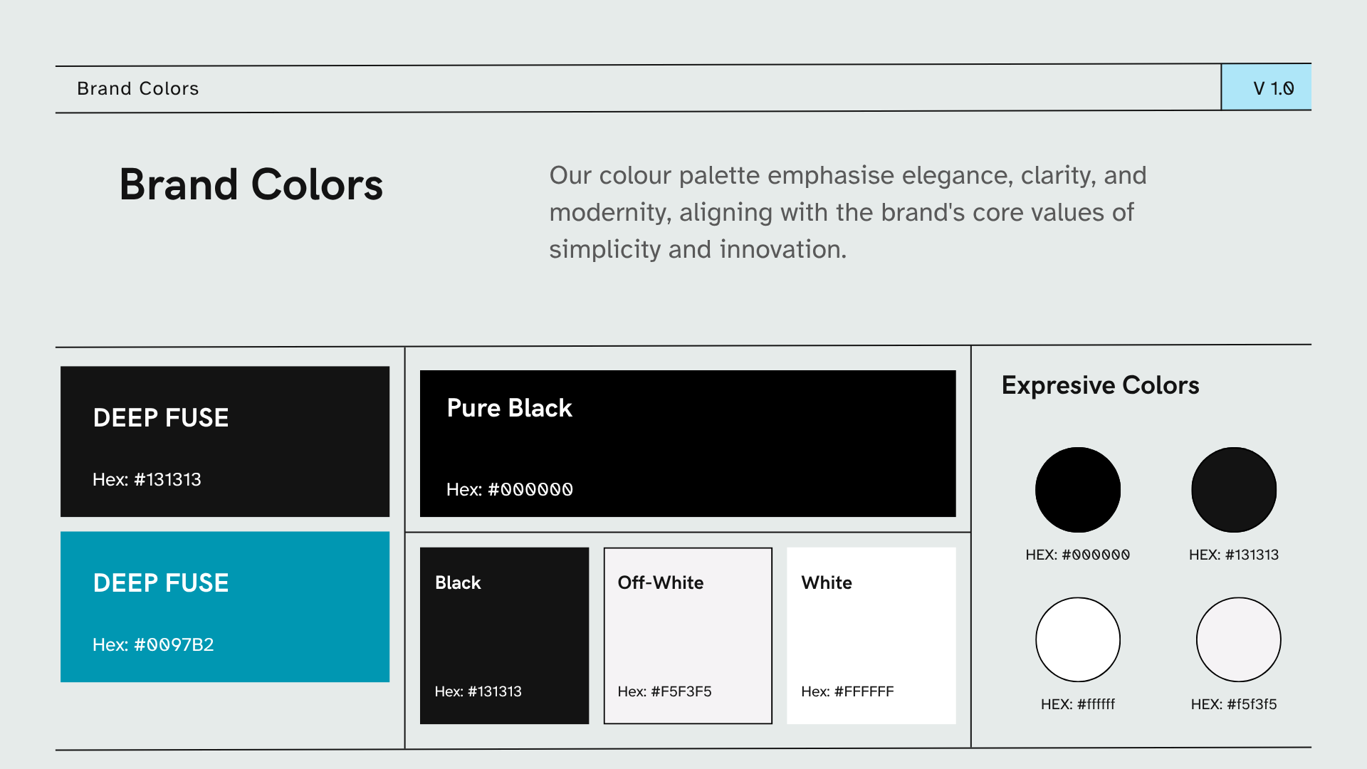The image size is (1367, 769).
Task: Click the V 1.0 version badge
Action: pos(1266,88)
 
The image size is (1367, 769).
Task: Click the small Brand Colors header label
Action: pos(138,88)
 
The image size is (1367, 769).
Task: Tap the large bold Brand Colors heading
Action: pos(251,184)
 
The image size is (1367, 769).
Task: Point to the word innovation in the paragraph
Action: pos(783,249)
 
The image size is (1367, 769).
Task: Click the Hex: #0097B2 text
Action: pos(153,644)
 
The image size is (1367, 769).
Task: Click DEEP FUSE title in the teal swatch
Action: pos(161,582)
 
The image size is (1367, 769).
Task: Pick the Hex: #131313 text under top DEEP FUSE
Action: pos(147,479)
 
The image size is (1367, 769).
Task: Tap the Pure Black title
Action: pos(509,408)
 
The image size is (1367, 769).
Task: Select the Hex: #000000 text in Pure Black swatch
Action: pos(510,489)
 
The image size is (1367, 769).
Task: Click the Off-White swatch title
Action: pos(661,582)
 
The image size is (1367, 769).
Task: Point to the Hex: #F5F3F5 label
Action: pos(664,691)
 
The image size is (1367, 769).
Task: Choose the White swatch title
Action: pos(827,582)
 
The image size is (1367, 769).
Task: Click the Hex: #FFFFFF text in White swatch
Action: pos(847,691)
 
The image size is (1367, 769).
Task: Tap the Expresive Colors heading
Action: pos(1101,385)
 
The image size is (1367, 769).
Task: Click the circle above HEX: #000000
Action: pos(1078,490)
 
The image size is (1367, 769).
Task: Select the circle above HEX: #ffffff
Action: pos(1078,639)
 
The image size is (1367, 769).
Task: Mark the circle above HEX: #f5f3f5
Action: pos(1239,639)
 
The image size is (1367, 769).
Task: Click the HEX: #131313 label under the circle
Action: pos(1234,555)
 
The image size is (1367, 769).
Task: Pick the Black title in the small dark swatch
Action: pos(458,582)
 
